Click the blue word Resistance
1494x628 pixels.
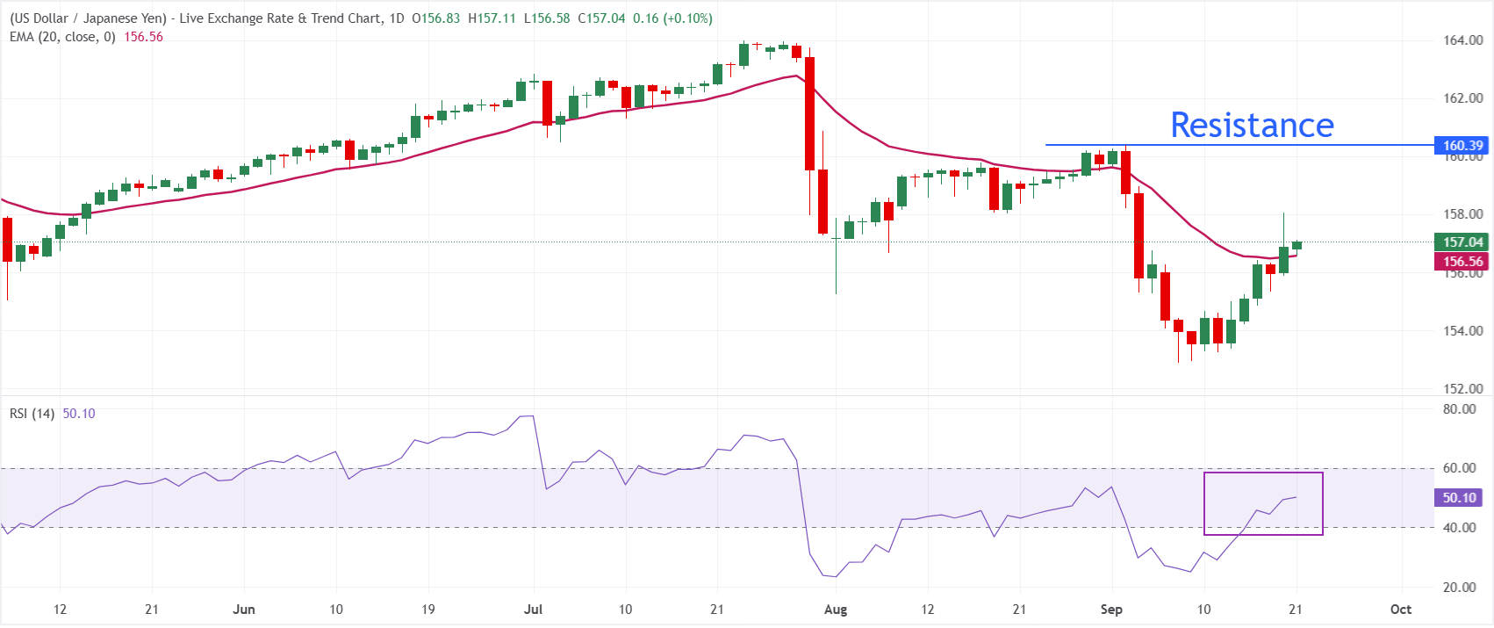(1252, 126)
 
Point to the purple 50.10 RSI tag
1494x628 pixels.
(1459, 498)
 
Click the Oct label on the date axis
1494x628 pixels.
(1401, 610)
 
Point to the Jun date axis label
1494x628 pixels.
(244, 610)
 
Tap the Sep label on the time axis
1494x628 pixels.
(1111, 610)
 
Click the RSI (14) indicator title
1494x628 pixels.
(32, 414)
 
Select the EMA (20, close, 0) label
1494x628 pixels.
(62, 38)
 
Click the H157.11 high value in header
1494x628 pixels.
(492, 18)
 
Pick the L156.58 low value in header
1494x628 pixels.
(547, 18)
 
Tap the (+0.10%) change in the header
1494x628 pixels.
(687, 18)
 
